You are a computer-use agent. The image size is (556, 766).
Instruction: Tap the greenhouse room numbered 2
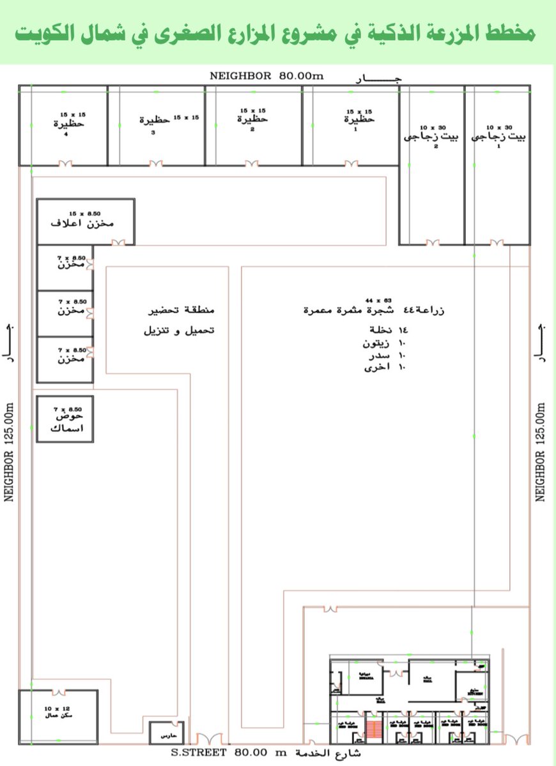(x=432, y=166)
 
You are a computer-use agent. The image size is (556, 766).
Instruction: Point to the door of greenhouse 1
(x=497, y=242)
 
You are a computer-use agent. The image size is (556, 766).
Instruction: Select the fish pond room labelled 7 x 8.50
(x=65, y=419)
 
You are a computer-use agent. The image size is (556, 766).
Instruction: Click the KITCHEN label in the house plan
(x=474, y=693)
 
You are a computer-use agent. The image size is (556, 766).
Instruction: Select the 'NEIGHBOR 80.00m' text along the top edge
(x=267, y=76)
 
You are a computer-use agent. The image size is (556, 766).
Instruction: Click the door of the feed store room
(x=118, y=243)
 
